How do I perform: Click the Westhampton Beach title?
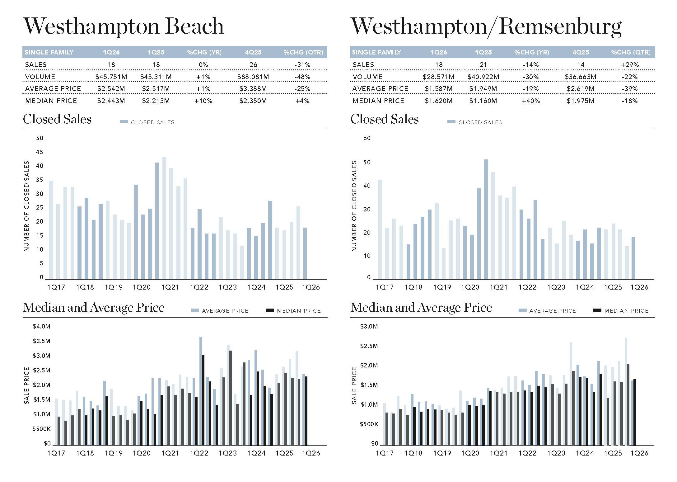(124, 26)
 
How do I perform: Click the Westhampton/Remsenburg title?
(486, 27)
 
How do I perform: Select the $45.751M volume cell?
(111, 77)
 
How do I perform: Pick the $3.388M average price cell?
(253, 89)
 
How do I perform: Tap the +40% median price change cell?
(531, 101)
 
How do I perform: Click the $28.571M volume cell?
(438, 77)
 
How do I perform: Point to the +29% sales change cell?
(630, 65)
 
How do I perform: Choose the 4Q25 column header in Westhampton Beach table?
(253, 52)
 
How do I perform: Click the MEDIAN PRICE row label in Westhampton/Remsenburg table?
(378, 101)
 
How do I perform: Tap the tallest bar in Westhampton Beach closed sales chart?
(164, 218)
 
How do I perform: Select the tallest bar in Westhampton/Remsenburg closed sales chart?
(486, 220)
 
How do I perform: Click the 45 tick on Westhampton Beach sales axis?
(40, 152)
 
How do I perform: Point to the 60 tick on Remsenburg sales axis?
(367, 138)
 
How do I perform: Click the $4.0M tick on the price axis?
(41, 326)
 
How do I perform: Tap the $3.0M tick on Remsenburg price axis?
(369, 326)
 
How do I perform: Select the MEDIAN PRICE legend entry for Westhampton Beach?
(294, 310)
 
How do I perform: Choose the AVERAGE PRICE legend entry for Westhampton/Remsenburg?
(548, 310)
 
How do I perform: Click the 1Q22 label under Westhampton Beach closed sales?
(199, 287)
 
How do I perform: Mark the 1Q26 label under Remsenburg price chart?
(639, 453)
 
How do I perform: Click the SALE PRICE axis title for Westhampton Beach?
(26, 385)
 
